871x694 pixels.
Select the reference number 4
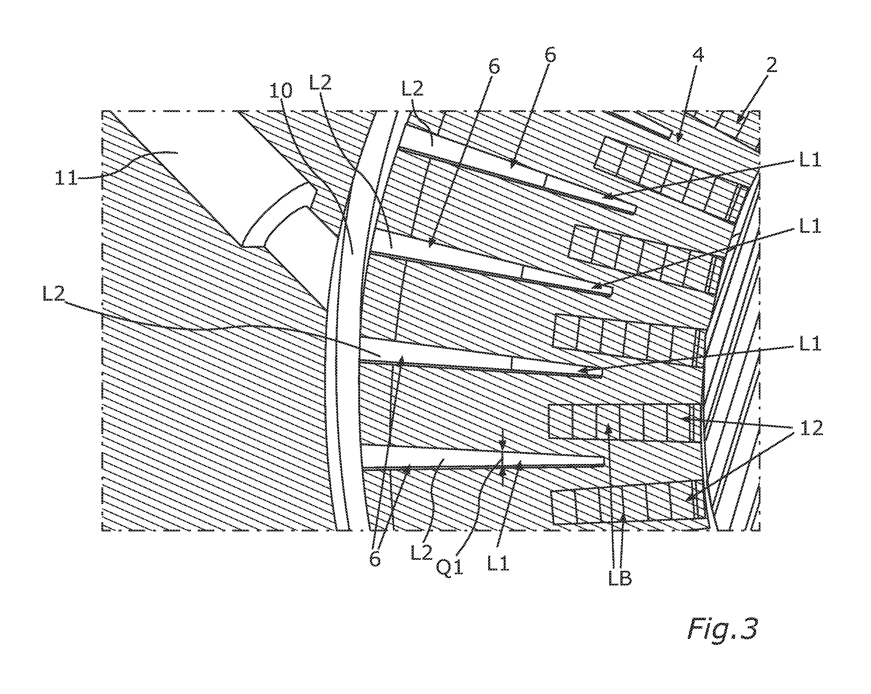click(698, 55)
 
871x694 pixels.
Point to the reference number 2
click(771, 65)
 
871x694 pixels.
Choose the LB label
click(620, 579)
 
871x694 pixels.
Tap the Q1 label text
click(450, 568)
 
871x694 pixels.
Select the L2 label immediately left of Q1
click(421, 552)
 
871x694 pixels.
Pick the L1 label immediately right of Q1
click(498, 563)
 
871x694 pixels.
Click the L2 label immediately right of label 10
click(320, 83)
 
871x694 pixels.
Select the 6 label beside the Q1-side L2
click(375, 558)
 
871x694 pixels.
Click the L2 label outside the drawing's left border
click(53, 294)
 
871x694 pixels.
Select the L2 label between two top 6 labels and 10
click(412, 88)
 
